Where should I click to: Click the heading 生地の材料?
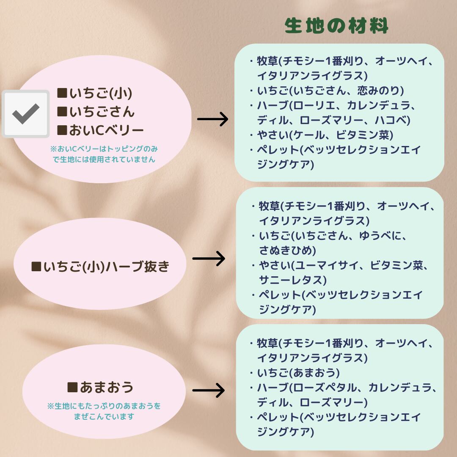(x=336, y=26)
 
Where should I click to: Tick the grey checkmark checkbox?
(x=26, y=113)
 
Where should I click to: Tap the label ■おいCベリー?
(x=100, y=130)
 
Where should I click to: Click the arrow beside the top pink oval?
(x=213, y=119)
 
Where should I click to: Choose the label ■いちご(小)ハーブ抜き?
(x=100, y=267)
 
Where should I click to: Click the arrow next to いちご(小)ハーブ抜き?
(x=209, y=258)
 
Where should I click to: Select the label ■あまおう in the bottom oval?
(x=100, y=387)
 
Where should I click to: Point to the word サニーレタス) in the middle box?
(x=293, y=280)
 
